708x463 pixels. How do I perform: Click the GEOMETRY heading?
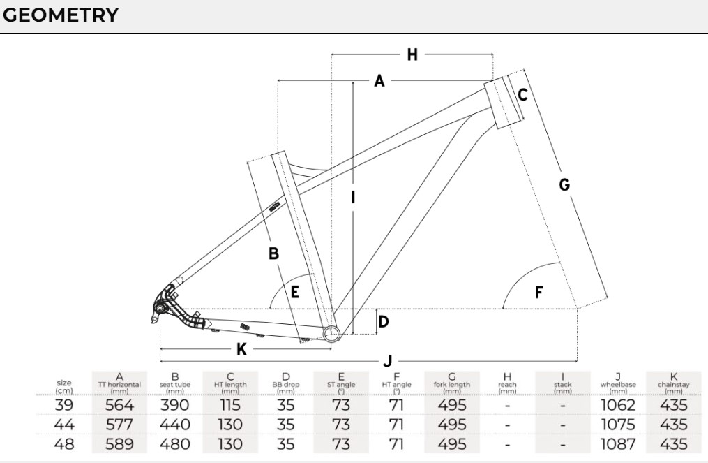click(x=61, y=15)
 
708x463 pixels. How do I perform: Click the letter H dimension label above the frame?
click(x=412, y=54)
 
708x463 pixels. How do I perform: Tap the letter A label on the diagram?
click(x=379, y=81)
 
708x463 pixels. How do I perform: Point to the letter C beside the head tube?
click(x=522, y=95)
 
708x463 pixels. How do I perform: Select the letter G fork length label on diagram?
click(x=564, y=184)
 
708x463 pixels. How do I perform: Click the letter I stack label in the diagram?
click(x=353, y=198)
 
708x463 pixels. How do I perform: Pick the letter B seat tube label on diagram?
click(x=273, y=253)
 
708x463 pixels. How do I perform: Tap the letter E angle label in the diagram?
click(x=295, y=292)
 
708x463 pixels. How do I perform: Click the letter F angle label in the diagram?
click(x=538, y=293)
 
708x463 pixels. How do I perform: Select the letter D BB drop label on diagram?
click(x=384, y=322)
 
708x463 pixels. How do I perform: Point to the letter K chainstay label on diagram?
click(x=241, y=349)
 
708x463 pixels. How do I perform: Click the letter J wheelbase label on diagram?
click(x=387, y=361)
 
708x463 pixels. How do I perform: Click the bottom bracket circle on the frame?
click(x=332, y=334)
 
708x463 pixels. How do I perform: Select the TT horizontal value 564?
click(x=119, y=404)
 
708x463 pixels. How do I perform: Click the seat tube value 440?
click(x=175, y=425)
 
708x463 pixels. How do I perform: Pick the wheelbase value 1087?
click(x=619, y=444)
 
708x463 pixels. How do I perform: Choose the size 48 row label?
click(x=64, y=444)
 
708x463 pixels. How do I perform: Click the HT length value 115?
click(x=229, y=404)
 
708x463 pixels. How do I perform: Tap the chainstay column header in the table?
click(x=674, y=384)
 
